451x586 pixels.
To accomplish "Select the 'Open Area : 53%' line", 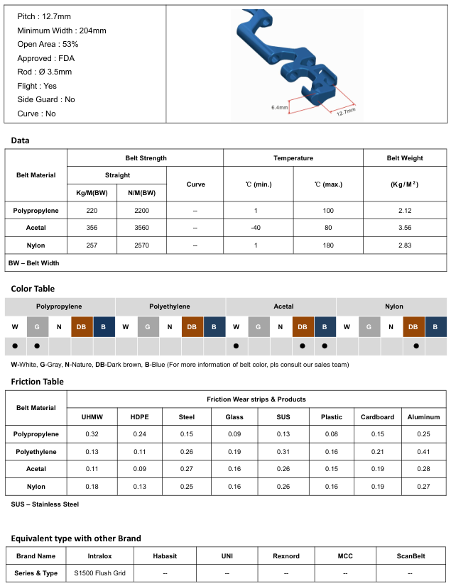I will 48,45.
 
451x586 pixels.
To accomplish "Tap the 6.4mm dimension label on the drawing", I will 280,107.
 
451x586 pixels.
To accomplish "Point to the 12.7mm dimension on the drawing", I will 346,111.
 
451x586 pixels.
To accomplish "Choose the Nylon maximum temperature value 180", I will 328,245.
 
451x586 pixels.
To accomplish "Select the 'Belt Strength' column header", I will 146,158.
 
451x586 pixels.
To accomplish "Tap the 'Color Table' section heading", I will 33,289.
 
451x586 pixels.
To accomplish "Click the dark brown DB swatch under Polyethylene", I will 192,326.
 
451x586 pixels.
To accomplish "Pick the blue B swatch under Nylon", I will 437,326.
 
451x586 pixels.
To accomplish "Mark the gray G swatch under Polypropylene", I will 38,326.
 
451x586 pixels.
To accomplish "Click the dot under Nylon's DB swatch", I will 415,346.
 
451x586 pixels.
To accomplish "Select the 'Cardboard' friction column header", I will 377,417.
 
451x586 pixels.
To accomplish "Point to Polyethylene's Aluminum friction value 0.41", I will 424,451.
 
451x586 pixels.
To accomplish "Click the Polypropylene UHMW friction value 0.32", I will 92,434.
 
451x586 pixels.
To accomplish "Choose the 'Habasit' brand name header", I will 165,556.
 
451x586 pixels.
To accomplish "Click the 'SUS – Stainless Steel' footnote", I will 45,504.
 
